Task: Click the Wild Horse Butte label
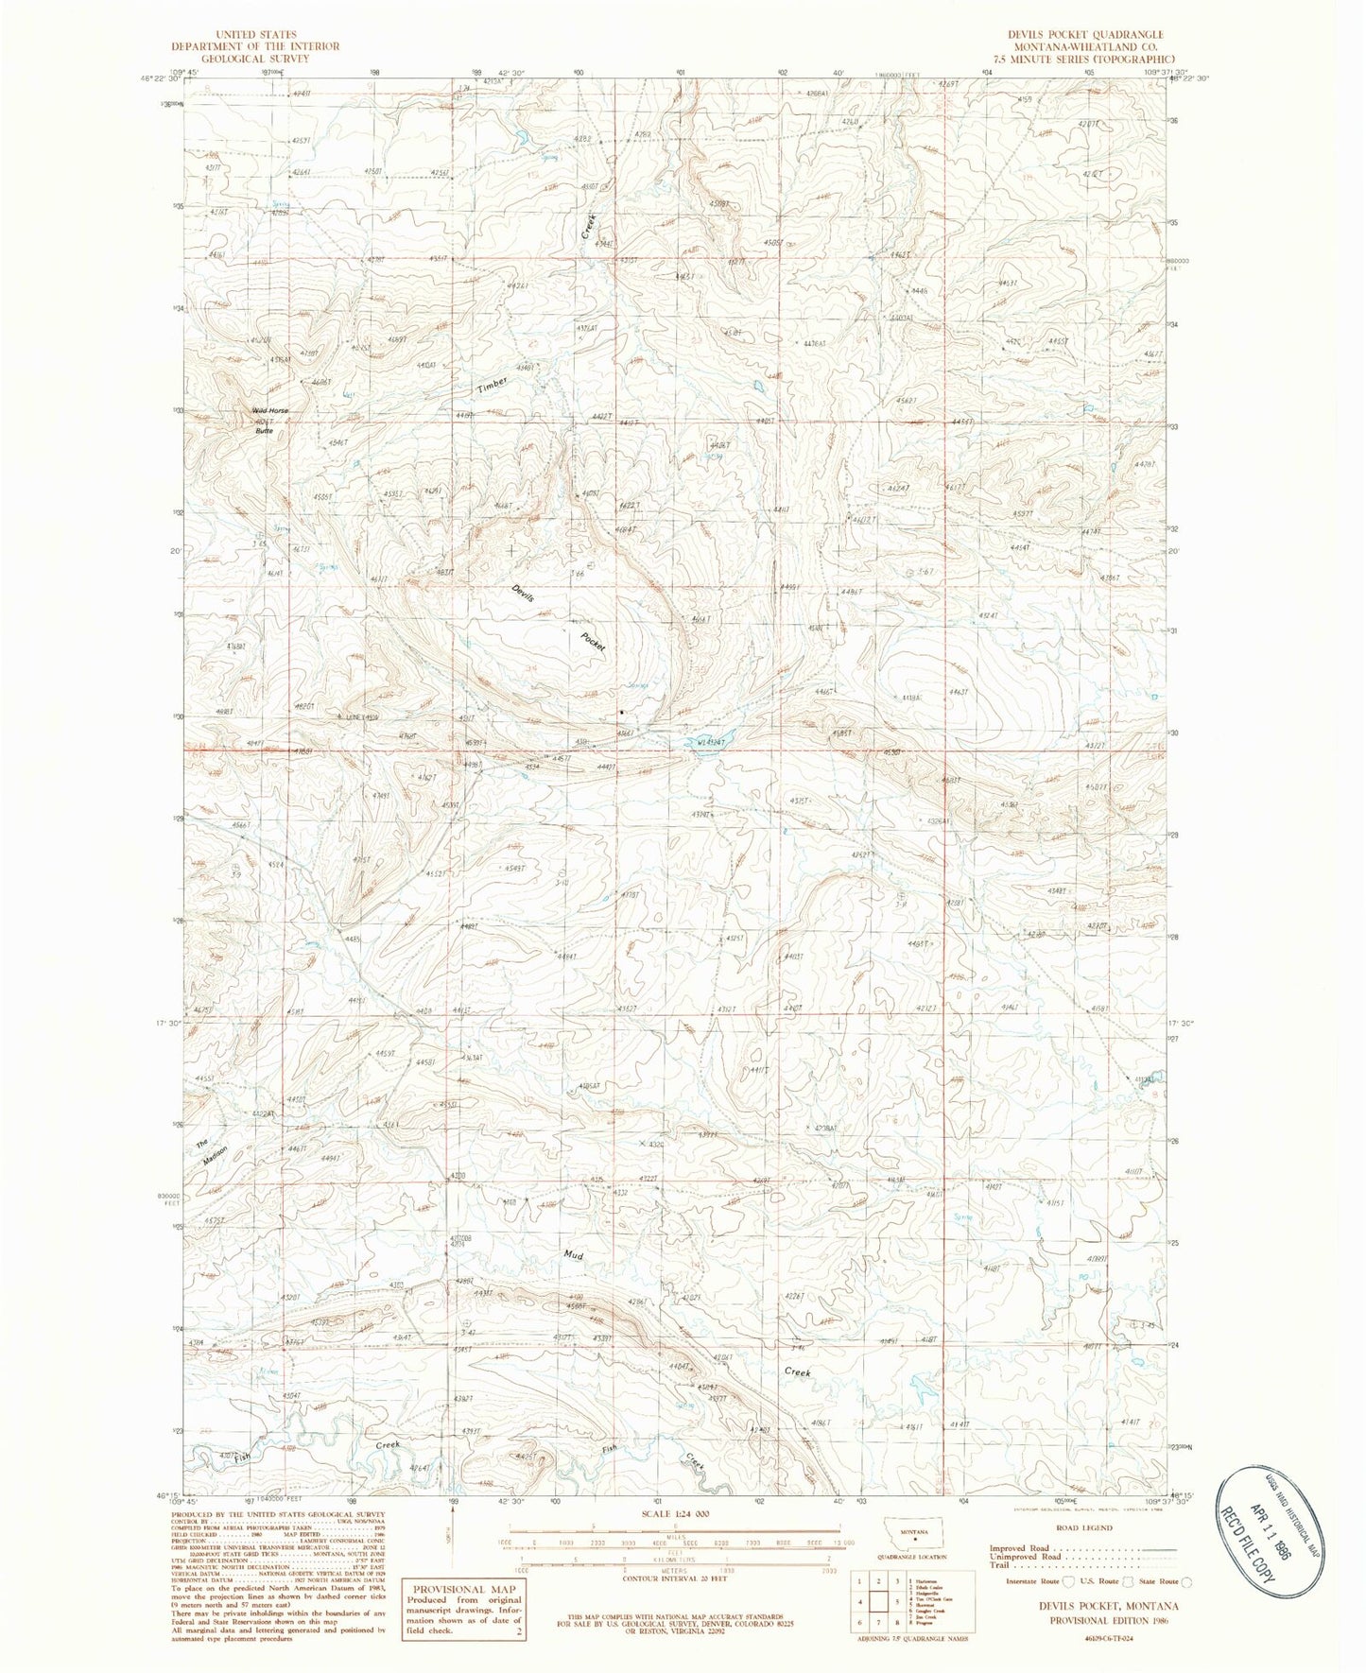coord(269,416)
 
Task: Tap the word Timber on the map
coord(492,385)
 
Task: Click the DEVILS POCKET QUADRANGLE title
coord(1071,34)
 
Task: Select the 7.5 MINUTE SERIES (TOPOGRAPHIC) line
coord(1071,59)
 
